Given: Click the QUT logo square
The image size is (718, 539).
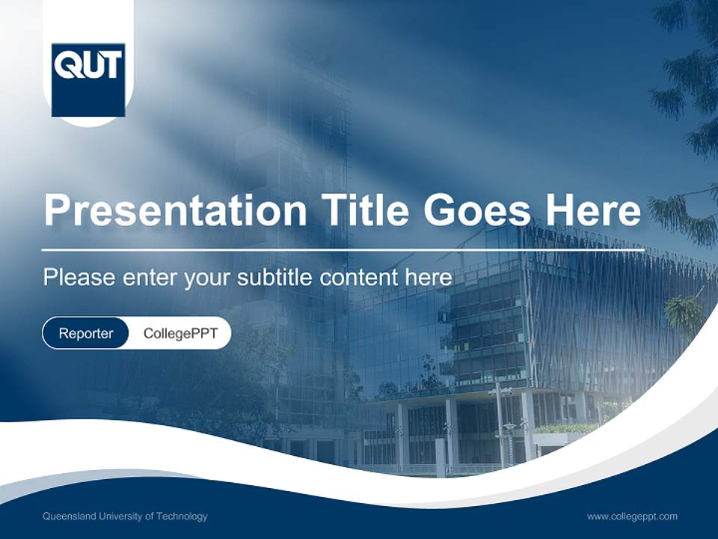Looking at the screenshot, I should coord(88,80).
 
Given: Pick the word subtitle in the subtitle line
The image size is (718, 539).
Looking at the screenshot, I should coord(275,277).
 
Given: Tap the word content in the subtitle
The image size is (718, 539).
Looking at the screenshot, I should coord(359,277).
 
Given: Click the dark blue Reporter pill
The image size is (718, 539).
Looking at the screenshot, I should coord(86,333).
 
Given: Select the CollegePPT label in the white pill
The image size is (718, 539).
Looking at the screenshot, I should coord(180,333).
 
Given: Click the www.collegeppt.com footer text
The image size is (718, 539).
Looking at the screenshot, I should coord(632,516).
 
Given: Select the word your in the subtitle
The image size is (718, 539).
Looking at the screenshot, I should coord(209,278).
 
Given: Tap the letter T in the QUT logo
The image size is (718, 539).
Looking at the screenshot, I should coord(111,66).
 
